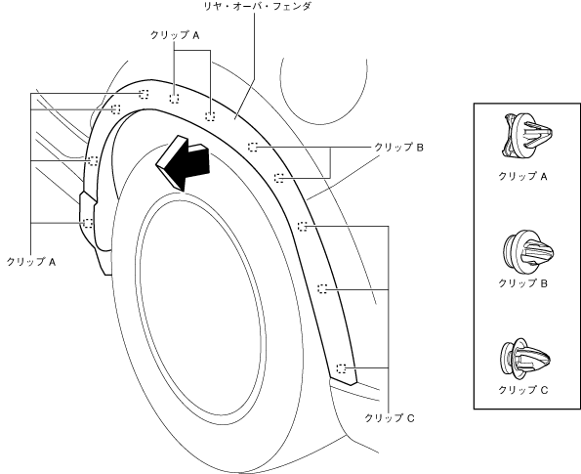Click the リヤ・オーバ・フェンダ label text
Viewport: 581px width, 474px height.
258,6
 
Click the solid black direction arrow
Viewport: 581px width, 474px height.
183,163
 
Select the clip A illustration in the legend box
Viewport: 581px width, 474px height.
526,136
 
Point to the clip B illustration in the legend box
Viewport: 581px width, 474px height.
528,250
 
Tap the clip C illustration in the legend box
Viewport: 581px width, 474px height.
525,358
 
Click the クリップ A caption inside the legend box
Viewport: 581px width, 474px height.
522,176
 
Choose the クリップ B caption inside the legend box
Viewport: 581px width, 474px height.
522,283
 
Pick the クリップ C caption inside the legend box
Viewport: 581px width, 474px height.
522,390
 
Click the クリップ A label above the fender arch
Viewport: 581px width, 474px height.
175,35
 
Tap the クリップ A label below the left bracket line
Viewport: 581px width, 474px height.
31,262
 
